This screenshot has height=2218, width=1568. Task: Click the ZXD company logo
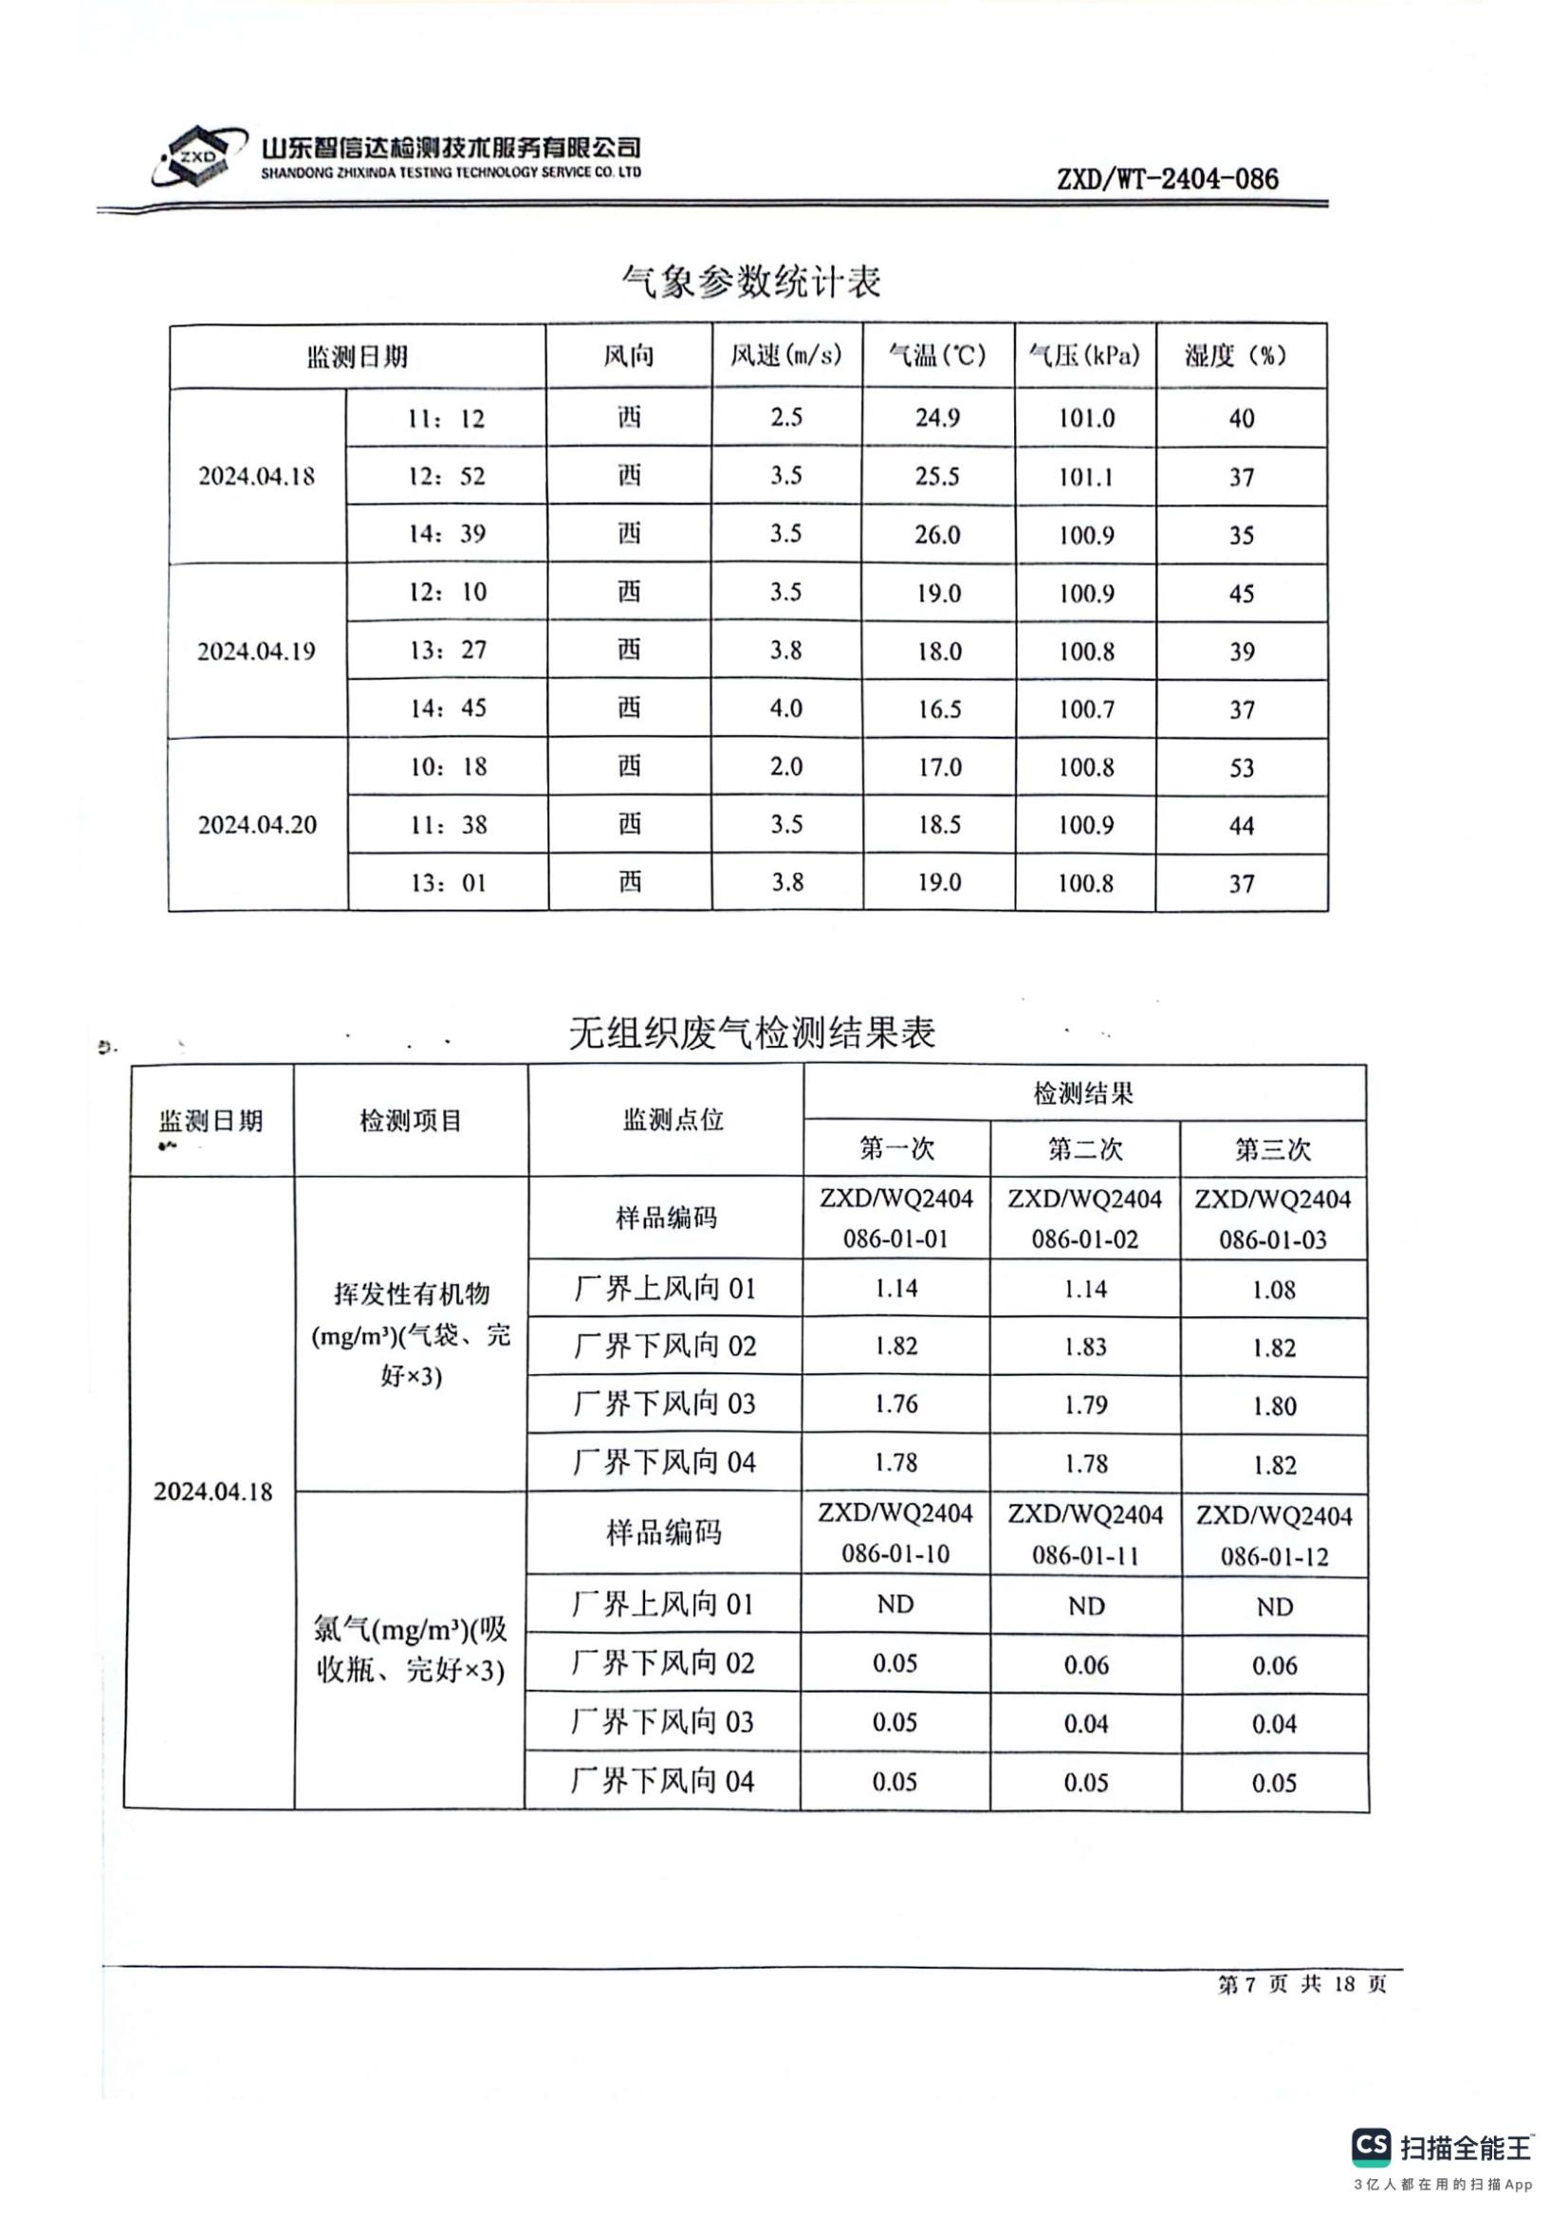194,156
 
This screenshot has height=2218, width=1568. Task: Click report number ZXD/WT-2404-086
1167,178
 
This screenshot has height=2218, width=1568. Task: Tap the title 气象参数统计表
750,281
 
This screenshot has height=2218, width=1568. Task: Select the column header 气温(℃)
937,356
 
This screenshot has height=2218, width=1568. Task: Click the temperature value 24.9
937,417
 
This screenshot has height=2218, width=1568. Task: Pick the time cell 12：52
447,476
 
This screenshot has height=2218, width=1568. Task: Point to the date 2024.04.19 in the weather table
256,651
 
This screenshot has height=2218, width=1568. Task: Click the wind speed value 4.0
785,708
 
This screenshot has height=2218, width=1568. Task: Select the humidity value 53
1242,768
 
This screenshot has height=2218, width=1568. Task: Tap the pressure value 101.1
1086,476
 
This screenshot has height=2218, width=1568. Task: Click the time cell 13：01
448,883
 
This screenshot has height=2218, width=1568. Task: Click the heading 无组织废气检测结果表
751,1033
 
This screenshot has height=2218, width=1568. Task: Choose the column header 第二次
1085,1148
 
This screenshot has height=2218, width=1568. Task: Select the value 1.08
1273,1290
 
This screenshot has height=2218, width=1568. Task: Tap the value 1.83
1085,1347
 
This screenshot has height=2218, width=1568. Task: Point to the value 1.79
1085,1404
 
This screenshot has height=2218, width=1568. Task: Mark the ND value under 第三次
1274,1606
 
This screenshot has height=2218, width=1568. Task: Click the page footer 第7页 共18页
1301,1983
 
